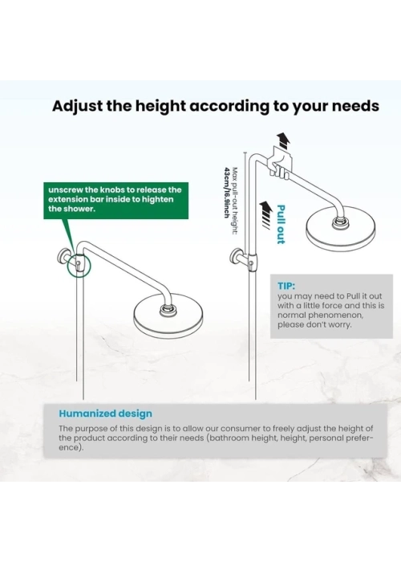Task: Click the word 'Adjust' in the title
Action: click(77, 107)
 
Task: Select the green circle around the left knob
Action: click(79, 265)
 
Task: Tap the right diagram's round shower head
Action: click(341, 231)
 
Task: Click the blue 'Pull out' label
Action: click(281, 224)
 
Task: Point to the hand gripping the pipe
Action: click(280, 169)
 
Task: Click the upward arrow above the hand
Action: click(284, 140)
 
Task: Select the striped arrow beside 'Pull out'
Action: click(265, 214)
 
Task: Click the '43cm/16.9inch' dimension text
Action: click(226, 192)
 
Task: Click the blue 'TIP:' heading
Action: click(286, 286)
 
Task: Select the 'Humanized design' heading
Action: click(105, 413)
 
